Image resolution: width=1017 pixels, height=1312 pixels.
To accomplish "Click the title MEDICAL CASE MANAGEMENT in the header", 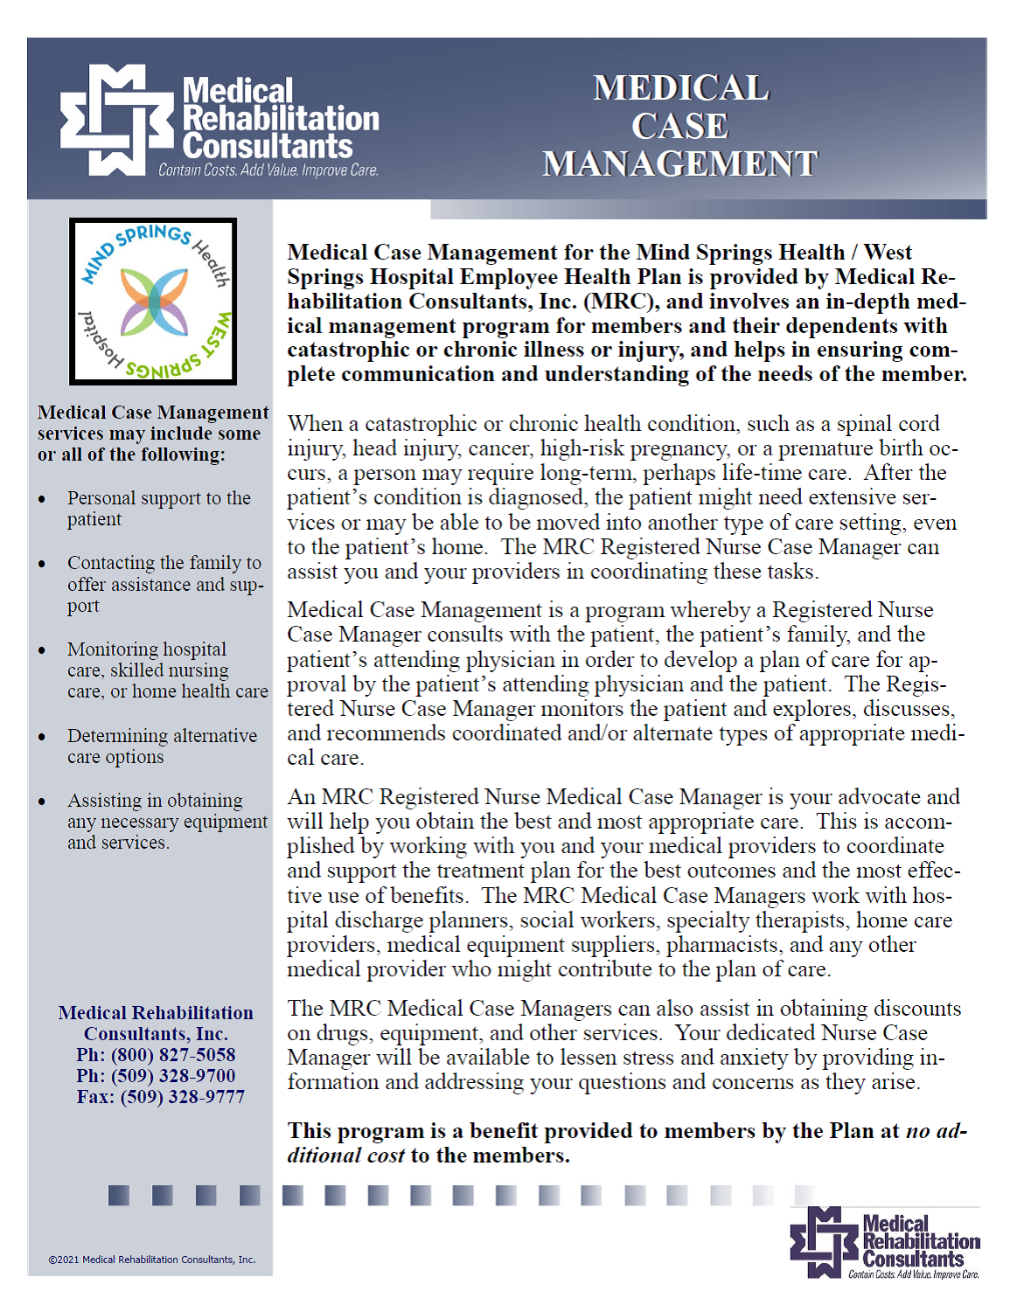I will [680, 126].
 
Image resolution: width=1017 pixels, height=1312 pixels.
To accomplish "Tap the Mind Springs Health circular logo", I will [154, 302].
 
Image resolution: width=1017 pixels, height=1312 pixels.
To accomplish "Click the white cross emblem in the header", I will [115, 120].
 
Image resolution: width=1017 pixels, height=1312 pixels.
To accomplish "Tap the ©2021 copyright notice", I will [152, 1260].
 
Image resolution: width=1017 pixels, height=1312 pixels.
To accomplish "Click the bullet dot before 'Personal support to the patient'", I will [42, 499].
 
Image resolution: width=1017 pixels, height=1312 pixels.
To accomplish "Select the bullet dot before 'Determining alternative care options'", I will [42, 737].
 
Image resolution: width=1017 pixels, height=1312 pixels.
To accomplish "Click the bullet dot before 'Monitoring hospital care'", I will [42, 650].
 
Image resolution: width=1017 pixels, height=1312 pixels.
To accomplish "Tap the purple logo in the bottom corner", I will [885, 1244].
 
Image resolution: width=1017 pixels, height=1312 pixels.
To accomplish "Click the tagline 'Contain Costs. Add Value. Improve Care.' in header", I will [268, 170].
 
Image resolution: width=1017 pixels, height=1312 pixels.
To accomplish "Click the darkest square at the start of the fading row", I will [119, 1195].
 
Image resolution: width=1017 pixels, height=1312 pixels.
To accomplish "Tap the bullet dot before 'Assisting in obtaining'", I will [42, 802].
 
